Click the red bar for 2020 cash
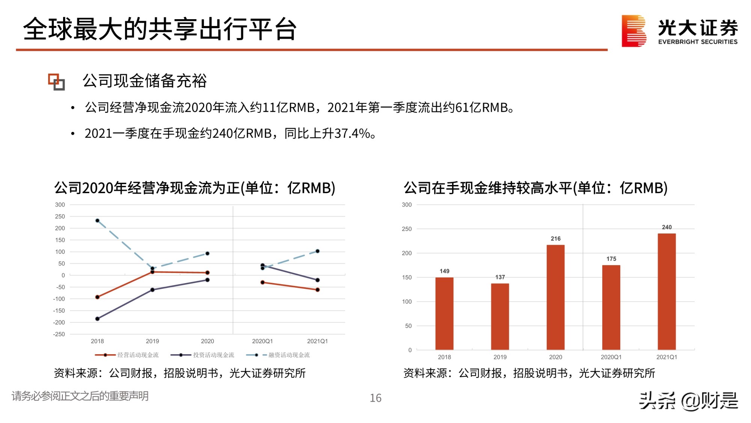(x=555, y=297)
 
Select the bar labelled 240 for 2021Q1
(x=667, y=291)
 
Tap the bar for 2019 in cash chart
(x=500, y=317)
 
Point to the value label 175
(x=611, y=259)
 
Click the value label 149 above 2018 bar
(x=444, y=271)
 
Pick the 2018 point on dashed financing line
(x=97, y=221)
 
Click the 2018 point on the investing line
(x=97, y=319)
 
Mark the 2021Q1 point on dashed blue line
(x=317, y=251)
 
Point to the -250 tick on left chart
(x=59, y=334)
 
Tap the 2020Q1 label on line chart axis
(x=262, y=341)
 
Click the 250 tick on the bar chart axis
(x=407, y=229)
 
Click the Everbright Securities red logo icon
(x=633, y=31)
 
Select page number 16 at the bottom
(x=375, y=398)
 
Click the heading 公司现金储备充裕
(x=145, y=81)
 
